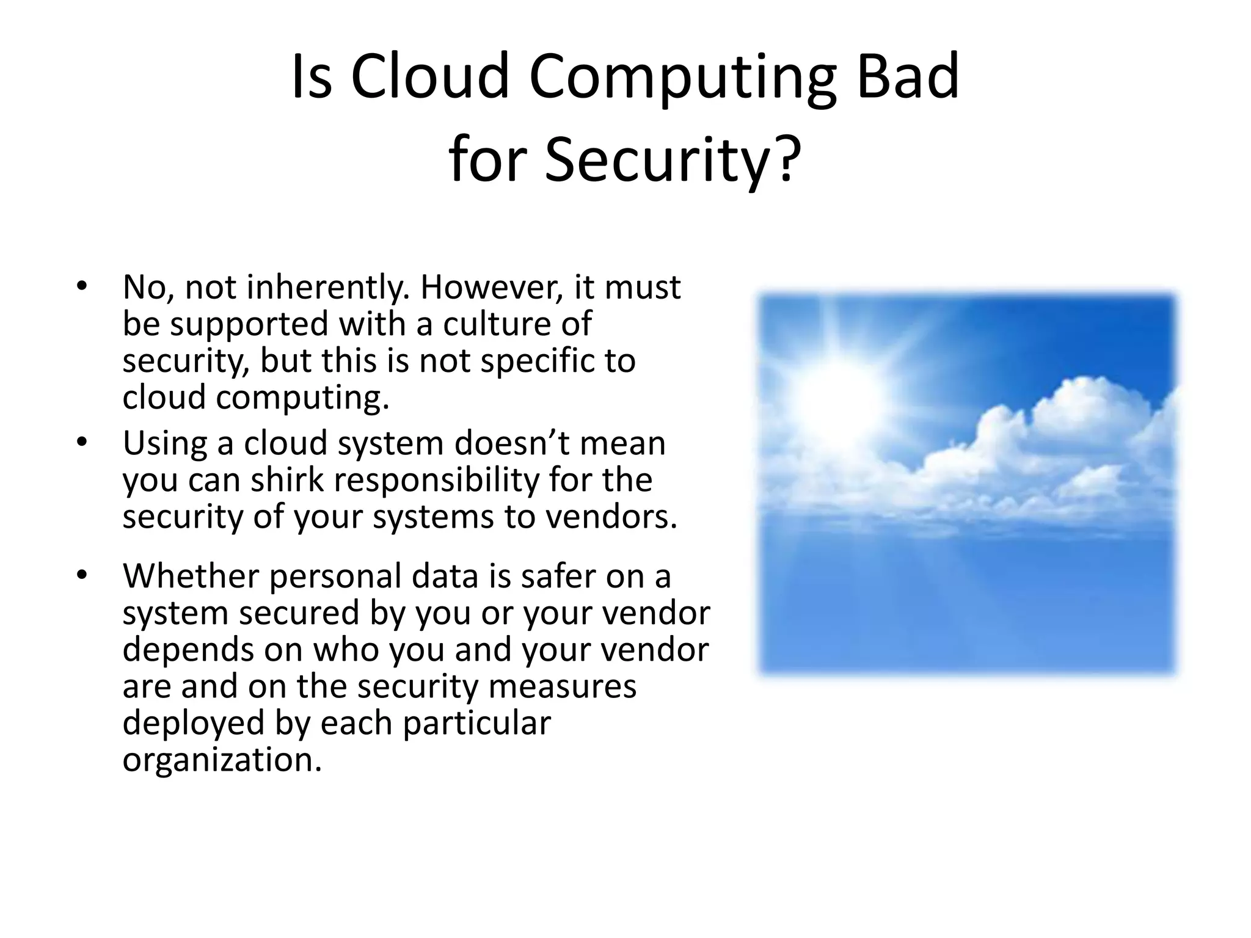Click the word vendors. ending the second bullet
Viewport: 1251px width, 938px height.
611,517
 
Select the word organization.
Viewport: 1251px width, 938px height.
222,760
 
